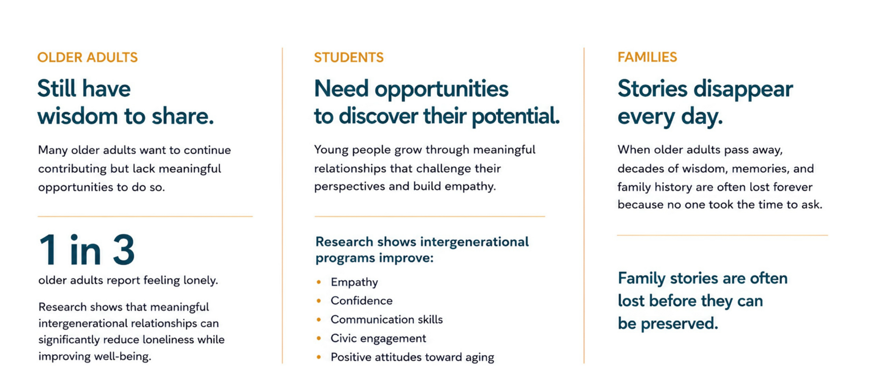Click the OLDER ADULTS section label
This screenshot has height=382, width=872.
(x=88, y=57)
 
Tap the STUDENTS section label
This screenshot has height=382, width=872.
(x=349, y=57)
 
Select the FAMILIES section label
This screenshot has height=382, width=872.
(x=647, y=57)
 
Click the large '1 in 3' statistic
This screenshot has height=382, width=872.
(x=87, y=250)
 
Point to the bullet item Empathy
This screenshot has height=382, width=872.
(x=354, y=282)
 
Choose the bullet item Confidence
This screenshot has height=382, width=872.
(x=361, y=300)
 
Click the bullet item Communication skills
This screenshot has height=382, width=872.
(x=387, y=319)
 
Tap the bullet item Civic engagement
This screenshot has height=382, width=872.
(x=378, y=338)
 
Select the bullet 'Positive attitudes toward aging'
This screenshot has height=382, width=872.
(x=412, y=357)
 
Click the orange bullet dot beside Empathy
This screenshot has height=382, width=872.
(x=319, y=282)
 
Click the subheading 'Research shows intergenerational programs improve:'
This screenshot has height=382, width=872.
(x=422, y=250)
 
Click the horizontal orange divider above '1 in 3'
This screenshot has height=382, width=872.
(x=145, y=216)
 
